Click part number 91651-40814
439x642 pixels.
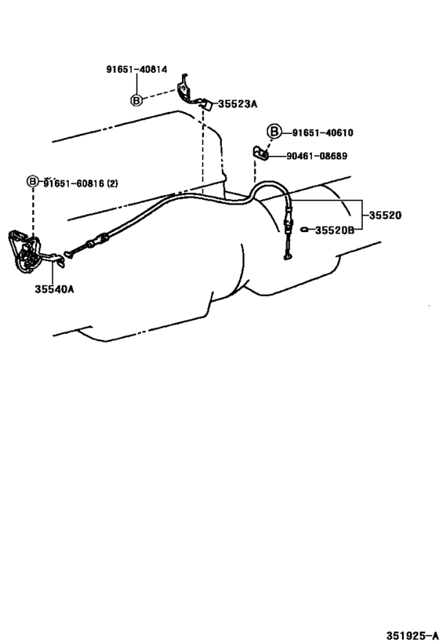pyautogui.click(x=136, y=69)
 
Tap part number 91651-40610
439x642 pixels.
pyautogui.click(x=320, y=132)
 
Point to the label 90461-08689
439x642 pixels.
pyautogui.click(x=317, y=156)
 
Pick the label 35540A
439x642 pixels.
pyautogui.click(x=55, y=289)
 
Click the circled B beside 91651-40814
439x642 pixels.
pyautogui.click(x=136, y=100)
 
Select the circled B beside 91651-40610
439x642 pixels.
pyautogui.click(x=274, y=132)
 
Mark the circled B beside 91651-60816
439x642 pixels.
pyautogui.click(x=33, y=181)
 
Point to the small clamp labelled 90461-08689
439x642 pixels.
pyautogui.click(x=261, y=152)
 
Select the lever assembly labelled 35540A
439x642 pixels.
pyautogui.click(x=27, y=251)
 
